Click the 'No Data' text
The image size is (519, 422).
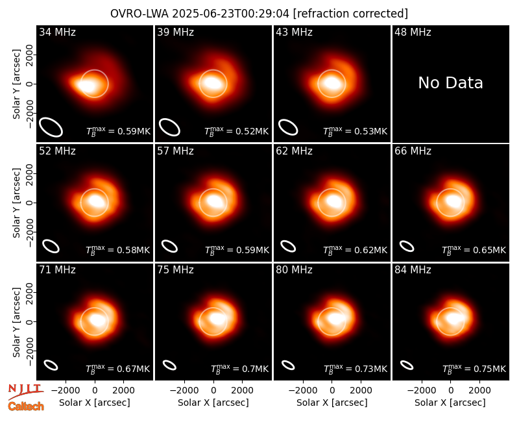[x=450, y=83]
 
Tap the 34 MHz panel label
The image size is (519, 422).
[x=57, y=32]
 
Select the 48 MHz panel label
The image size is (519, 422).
[x=413, y=32]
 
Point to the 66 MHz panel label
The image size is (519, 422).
[x=413, y=151]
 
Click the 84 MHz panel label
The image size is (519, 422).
[x=413, y=270]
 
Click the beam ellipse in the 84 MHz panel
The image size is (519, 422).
[x=407, y=365]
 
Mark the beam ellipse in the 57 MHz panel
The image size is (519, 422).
[x=169, y=247]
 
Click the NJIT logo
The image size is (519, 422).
[x=25, y=391]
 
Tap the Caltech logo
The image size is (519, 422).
[x=26, y=406]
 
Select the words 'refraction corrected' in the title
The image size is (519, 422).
[x=350, y=14]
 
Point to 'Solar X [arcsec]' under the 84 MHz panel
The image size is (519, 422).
[x=450, y=403]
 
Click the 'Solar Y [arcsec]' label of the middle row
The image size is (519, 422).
[x=17, y=203]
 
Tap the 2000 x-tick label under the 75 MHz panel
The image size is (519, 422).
[x=242, y=390]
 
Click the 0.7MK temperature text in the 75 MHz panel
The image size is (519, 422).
[x=239, y=369]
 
